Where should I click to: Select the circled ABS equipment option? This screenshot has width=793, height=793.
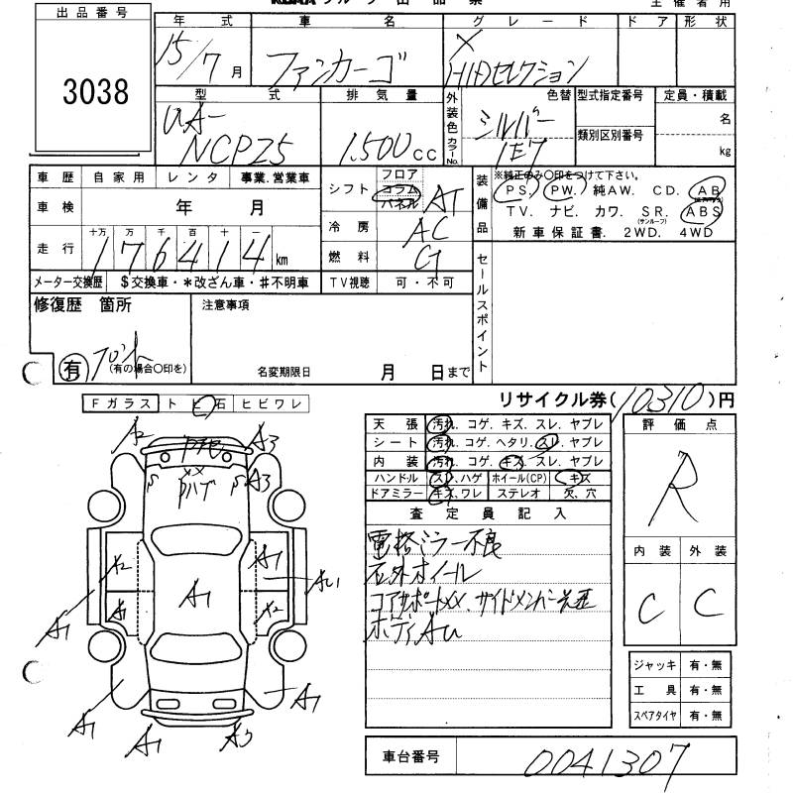coord(703,211)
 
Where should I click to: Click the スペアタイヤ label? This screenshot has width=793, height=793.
coord(654,715)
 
